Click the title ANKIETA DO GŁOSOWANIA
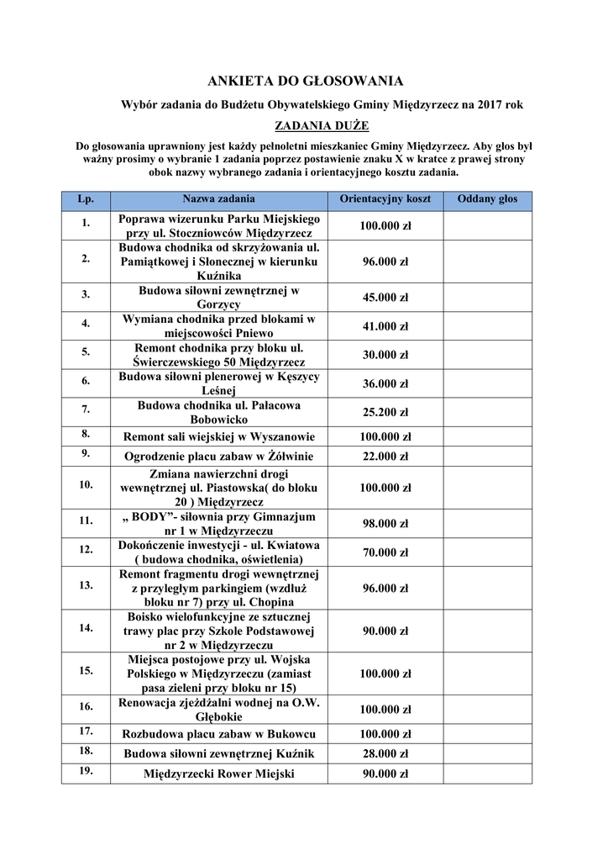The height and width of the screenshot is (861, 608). click(306, 82)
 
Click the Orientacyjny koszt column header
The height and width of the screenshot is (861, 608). click(385, 200)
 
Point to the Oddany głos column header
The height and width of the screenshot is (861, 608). click(487, 200)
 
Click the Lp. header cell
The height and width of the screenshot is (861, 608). click(86, 200)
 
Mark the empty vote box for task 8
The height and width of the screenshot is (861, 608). click(487, 437)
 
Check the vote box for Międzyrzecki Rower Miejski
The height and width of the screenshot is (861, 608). click(487, 774)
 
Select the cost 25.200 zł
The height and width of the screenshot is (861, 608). click(385, 412)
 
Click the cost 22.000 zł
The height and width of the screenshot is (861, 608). click(385, 457)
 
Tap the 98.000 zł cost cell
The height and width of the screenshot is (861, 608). click(385, 524)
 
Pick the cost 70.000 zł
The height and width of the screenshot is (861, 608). click(385, 552)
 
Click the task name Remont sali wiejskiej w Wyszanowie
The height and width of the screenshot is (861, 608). click(219, 437)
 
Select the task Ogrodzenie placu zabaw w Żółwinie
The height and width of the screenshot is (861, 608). click(219, 457)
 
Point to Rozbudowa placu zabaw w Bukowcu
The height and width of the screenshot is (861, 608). click(219, 734)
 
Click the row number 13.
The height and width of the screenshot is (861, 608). click(86, 585)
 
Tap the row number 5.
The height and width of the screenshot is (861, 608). click(86, 354)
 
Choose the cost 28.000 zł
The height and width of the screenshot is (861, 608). click(385, 753)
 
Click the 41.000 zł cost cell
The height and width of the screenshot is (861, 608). click(385, 326)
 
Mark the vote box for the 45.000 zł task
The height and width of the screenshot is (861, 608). click(487, 297)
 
